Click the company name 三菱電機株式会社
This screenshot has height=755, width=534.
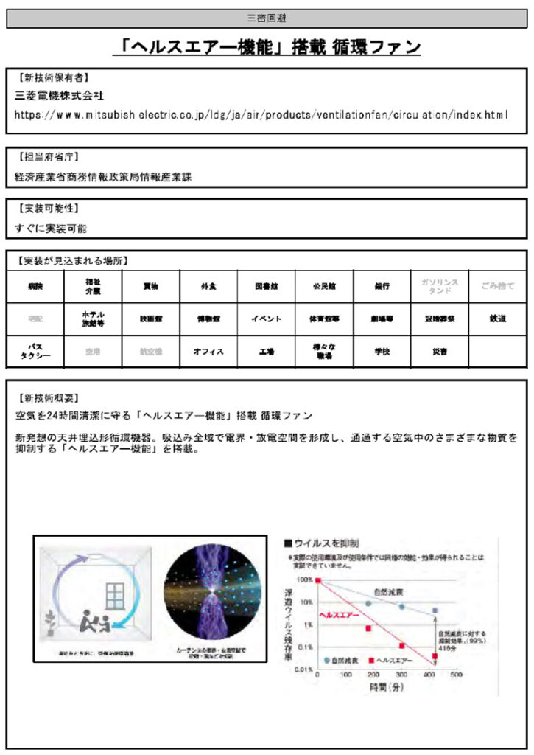tap(60, 96)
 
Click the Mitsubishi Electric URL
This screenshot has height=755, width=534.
tap(261, 115)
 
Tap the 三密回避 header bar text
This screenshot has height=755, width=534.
tap(267, 16)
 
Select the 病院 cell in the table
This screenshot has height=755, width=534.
tap(35, 286)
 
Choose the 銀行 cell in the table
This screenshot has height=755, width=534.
tap(382, 286)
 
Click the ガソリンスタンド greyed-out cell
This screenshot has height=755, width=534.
tap(440, 286)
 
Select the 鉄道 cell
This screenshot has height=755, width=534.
tap(498, 319)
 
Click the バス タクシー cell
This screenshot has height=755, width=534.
tap(35, 351)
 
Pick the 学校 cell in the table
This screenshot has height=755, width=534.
tap(382, 352)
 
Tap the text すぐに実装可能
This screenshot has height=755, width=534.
tap(51, 229)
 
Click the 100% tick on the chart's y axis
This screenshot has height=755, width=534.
tap(305, 580)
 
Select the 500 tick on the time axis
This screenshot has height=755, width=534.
tap(456, 675)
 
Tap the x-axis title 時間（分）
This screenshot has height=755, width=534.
tap(387, 687)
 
